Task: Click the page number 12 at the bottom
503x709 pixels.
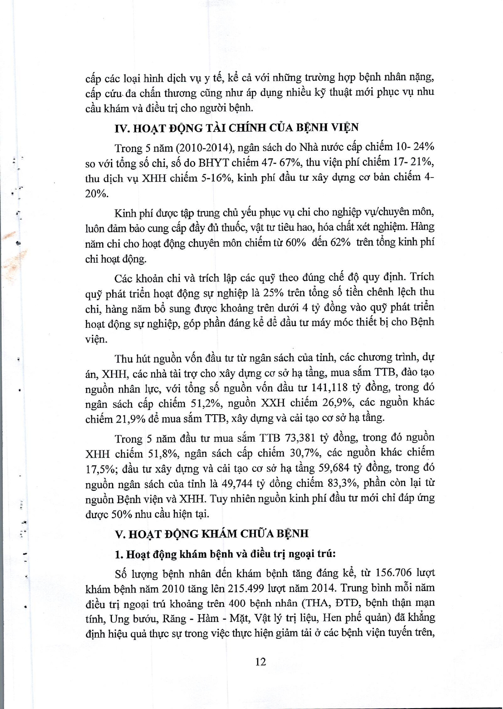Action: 260,661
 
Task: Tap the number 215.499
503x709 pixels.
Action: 248,588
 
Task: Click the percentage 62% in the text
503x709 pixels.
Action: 340,243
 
